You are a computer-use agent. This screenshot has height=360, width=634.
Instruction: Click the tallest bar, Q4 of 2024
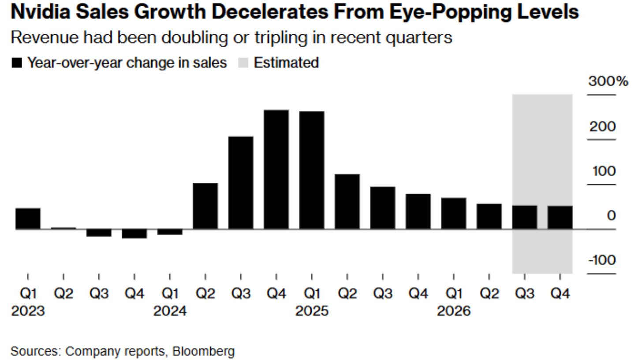coord(276,169)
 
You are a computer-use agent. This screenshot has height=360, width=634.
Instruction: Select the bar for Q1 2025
coord(312,170)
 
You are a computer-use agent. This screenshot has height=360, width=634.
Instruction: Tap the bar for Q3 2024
coord(241,182)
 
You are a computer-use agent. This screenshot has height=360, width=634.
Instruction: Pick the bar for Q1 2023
coord(28,219)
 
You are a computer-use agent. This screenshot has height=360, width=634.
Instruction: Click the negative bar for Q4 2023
coord(134,234)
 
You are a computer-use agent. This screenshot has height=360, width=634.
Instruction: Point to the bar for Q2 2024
coord(205,206)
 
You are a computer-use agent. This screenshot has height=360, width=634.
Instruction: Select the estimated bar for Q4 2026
coord(560,217)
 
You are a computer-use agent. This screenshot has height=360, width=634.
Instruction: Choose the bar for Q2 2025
coord(347,201)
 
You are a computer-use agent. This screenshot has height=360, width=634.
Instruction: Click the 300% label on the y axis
coord(608,82)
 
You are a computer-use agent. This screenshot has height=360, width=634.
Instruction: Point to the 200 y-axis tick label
coord(603,126)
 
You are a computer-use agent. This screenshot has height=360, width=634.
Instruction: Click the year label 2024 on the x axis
coord(170,311)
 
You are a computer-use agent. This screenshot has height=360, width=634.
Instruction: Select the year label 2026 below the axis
coord(454,311)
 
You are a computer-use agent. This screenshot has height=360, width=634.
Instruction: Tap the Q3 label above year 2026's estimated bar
coord(524,293)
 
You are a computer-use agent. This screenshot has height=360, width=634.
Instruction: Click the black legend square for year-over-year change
coord(17,63)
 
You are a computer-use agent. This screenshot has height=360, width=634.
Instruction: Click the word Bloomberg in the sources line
coord(203,351)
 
